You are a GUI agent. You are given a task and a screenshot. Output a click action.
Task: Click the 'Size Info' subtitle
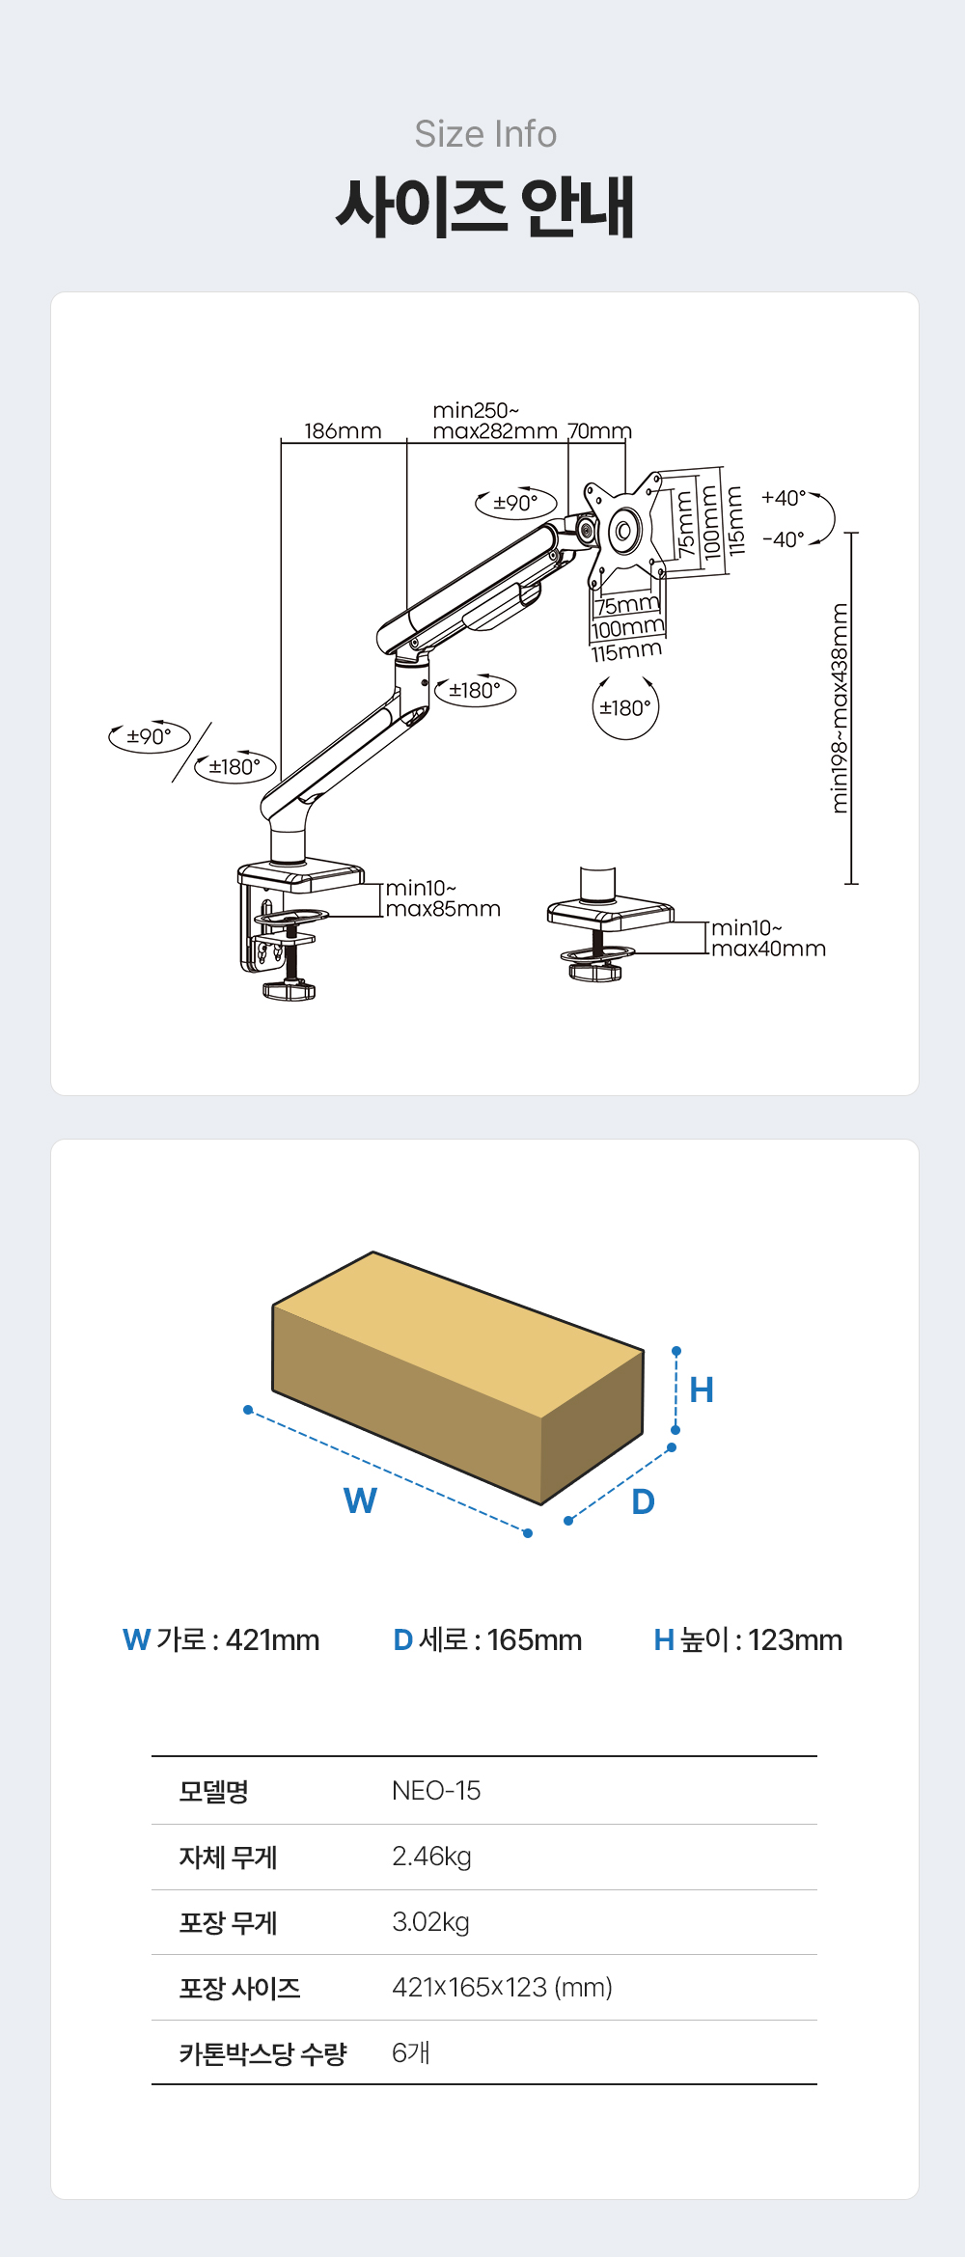485,134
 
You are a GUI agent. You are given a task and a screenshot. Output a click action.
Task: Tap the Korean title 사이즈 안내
485,206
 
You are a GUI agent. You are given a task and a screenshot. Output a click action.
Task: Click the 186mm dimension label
343,430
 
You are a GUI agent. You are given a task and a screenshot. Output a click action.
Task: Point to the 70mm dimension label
599,430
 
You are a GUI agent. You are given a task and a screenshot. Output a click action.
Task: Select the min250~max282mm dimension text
495,421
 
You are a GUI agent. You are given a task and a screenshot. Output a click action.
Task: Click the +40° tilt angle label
784,498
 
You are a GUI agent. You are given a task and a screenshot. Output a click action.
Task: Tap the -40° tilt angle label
784,539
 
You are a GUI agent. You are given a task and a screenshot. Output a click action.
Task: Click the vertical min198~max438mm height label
841,708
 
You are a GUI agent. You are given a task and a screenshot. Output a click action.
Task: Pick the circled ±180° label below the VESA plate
625,708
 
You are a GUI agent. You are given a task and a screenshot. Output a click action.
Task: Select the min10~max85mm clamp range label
443,898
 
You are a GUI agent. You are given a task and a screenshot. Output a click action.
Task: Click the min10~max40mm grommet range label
768,938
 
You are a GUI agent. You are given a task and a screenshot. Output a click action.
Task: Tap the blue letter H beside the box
702,1390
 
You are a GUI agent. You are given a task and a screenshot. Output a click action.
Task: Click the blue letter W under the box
360,1500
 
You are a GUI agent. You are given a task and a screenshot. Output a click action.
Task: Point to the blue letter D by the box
643,1501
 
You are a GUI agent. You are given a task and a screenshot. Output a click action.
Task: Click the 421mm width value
272,1639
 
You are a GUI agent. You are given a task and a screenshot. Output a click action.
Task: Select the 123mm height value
795,1639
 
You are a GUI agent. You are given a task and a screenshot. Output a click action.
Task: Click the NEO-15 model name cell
436,1791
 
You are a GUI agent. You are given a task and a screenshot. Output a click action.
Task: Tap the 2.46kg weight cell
431,1857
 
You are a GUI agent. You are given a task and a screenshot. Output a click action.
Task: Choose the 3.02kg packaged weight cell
430,1922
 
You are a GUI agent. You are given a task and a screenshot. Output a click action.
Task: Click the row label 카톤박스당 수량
262,2053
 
